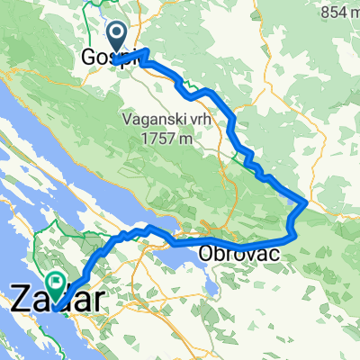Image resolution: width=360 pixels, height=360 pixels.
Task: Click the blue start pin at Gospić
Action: pyautogui.click(x=118, y=37)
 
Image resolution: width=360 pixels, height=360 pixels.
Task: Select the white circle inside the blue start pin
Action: pyautogui.click(x=118, y=33)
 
